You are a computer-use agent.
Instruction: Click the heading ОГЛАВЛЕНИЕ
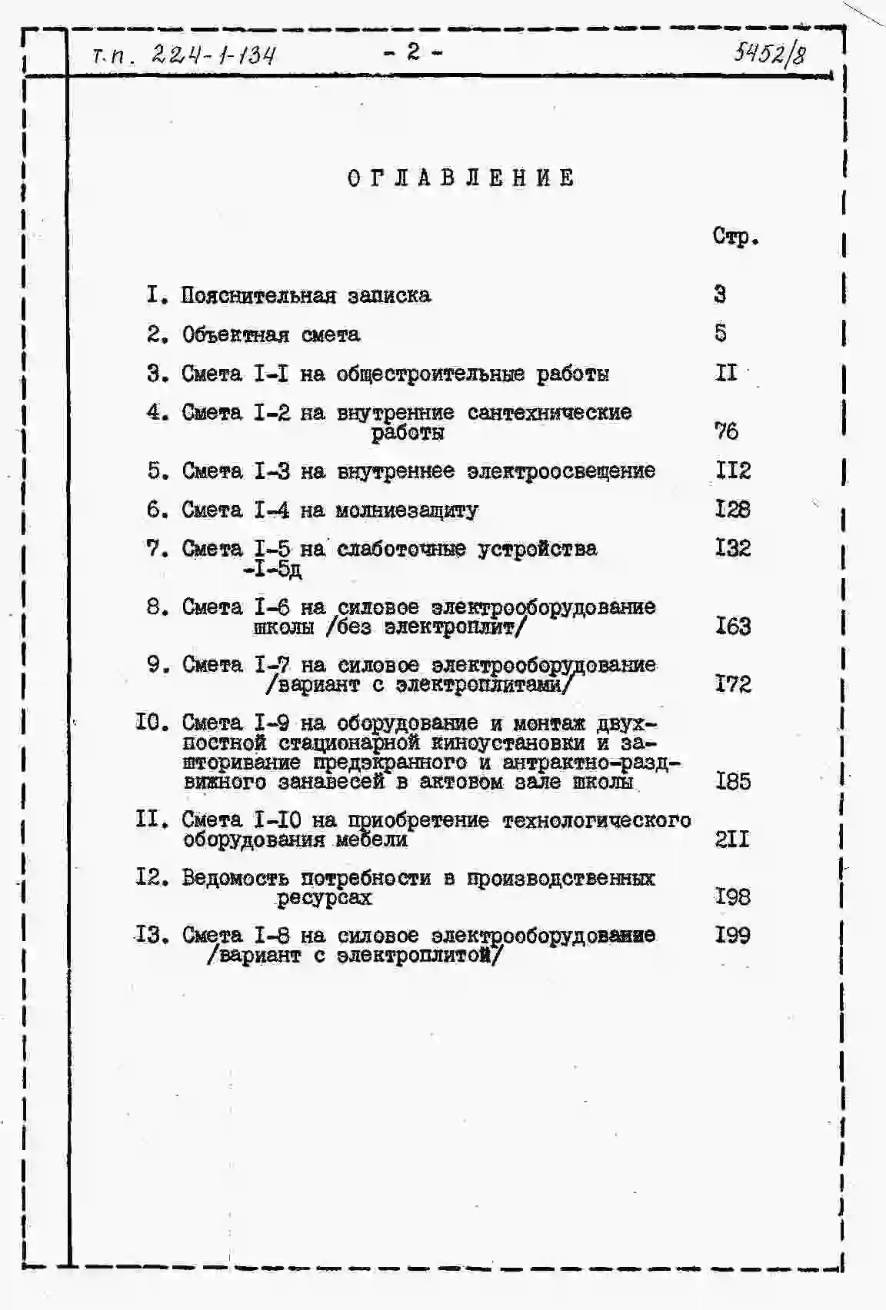click(461, 178)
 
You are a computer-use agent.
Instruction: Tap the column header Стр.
click(735, 237)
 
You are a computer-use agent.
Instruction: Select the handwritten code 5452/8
click(770, 54)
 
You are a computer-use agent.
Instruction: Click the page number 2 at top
click(413, 52)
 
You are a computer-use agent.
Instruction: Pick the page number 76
click(726, 431)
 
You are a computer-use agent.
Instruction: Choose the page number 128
click(732, 510)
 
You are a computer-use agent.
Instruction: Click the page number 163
click(732, 627)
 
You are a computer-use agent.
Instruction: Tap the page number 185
click(732, 782)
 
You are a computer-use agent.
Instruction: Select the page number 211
click(732, 840)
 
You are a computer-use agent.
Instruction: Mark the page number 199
click(732, 936)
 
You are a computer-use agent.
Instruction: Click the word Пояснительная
click(258, 296)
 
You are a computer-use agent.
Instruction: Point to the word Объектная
click(235, 335)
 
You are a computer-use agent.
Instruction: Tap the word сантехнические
click(549, 413)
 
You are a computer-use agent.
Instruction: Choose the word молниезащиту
click(408, 510)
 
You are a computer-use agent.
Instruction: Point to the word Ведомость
click(235, 878)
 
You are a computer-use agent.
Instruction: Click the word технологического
click(596, 820)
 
